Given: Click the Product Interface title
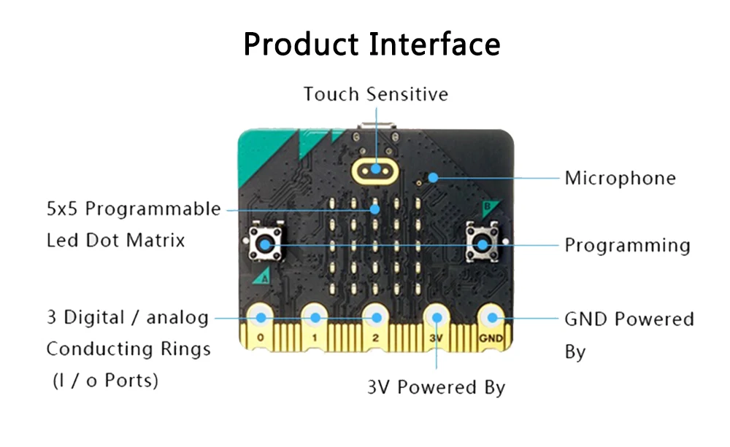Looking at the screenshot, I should pos(372,44).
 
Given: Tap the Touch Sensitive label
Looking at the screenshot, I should pos(376,94).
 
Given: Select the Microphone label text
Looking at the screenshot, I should pos(620,178).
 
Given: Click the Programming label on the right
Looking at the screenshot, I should pos(627,245).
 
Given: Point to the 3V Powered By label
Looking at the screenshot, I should pos(436,387).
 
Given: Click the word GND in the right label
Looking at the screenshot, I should pos(588,319).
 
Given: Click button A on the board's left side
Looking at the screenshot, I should pos(264,245).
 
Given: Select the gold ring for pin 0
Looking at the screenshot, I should pos(260,317).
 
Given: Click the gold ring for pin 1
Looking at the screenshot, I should pos(315,317).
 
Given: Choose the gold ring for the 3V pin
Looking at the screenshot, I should pos(437,317).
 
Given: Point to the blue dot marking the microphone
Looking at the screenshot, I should pos(434,176).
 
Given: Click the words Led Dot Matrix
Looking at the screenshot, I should pos(115,240).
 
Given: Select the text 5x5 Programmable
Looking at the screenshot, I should pos(133,209).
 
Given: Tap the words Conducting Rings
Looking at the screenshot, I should pos(128,349).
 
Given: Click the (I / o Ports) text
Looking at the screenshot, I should pos(105,380).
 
